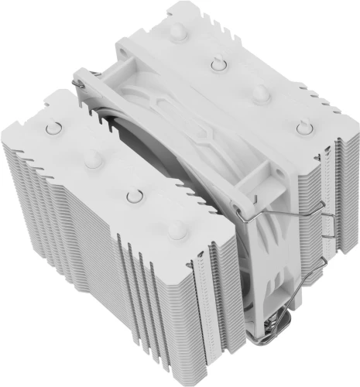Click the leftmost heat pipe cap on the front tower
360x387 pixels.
(53, 126)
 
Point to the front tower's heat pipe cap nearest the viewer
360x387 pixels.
(177, 229)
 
